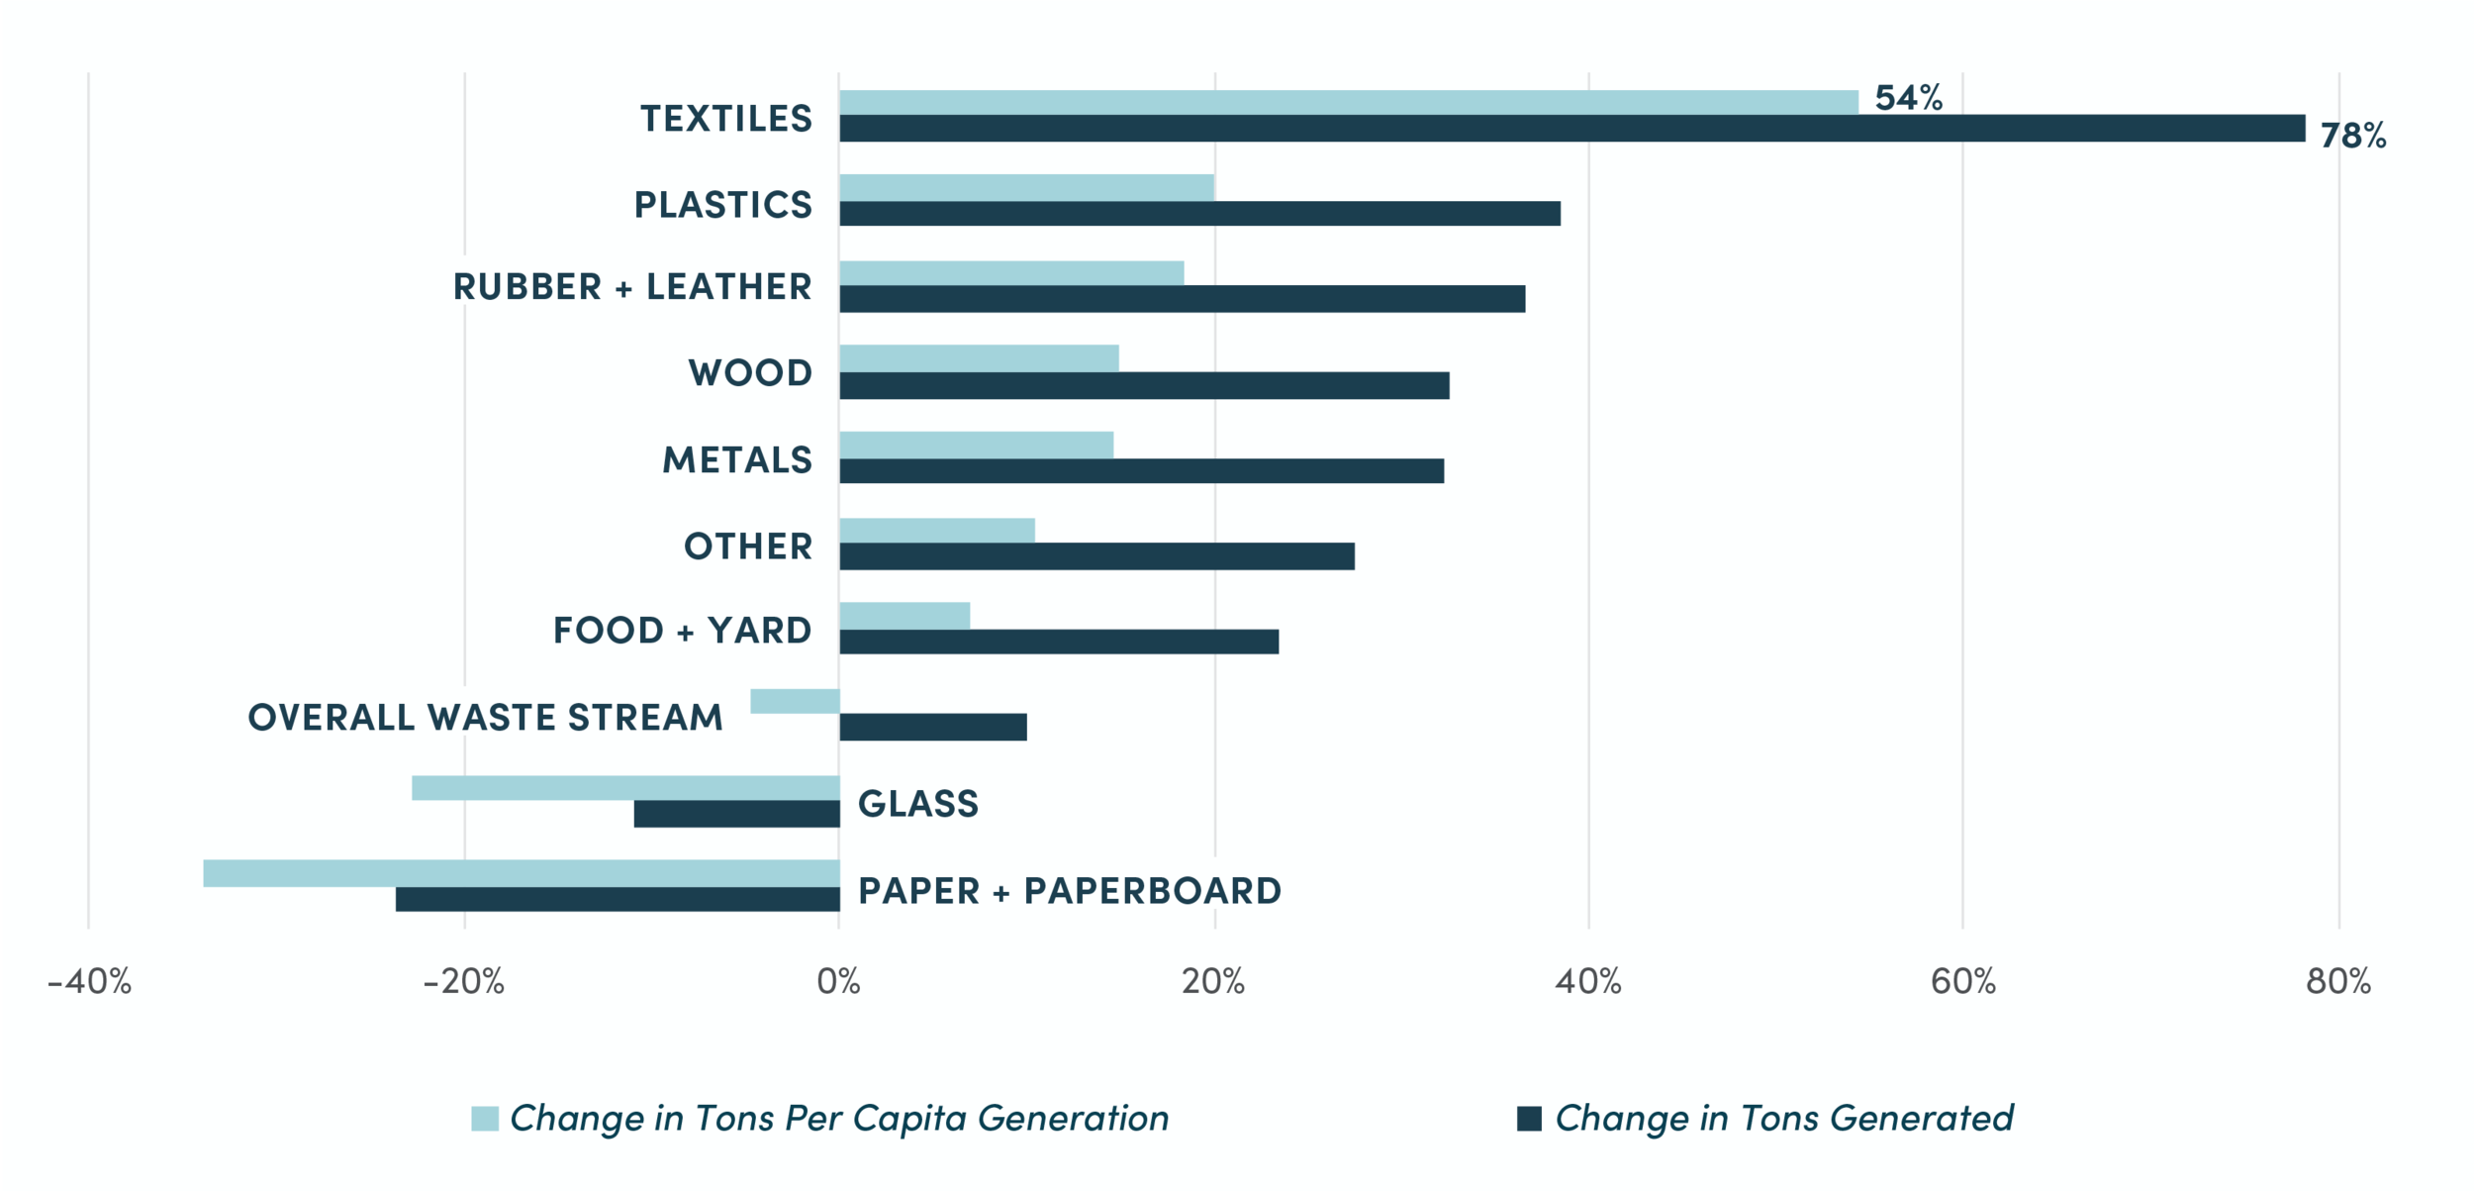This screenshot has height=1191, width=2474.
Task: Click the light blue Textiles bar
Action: [x=1349, y=102]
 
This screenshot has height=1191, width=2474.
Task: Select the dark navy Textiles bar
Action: [x=1572, y=128]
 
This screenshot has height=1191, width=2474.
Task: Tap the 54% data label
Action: [x=1908, y=97]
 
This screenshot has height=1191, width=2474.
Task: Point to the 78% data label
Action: [x=2353, y=135]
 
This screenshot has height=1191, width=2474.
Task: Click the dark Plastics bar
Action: [x=1199, y=213]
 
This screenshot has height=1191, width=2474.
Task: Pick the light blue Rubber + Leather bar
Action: [x=1011, y=273]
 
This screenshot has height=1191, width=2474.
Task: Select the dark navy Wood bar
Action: [x=1144, y=385]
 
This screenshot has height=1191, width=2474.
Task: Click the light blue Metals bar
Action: [x=976, y=445]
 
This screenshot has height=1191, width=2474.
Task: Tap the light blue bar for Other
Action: [x=937, y=530]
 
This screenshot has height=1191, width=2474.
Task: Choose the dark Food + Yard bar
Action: [x=1059, y=642]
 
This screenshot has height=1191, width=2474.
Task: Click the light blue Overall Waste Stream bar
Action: [x=795, y=701]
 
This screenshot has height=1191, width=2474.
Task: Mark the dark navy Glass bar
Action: [x=736, y=814]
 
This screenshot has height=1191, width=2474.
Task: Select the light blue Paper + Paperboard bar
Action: [x=522, y=873]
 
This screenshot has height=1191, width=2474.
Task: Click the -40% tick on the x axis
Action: [x=89, y=981]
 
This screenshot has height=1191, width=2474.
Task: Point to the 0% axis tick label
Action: [x=839, y=981]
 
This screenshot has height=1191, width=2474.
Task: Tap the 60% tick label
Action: [x=1963, y=981]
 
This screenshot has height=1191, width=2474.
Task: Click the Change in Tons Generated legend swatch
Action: [x=1529, y=1118]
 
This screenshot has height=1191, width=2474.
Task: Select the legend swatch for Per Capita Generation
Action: [x=485, y=1118]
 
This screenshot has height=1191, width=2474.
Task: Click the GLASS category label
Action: [x=918, y=804]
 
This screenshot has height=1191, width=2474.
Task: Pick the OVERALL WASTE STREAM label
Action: [x=486, y=717]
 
